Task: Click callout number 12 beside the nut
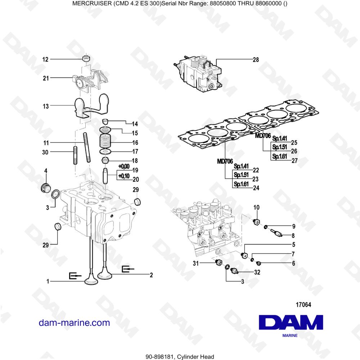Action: pyautogui.click(x=45, y=59)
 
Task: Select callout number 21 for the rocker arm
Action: pyautogui.click(x=46, y=78)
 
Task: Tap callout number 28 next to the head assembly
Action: pyautogui.click(x=256, y=60)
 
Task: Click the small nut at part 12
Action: pyautogui.click(x=86, y=59)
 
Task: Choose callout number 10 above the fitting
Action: pyautogui.click(x=256, y=207)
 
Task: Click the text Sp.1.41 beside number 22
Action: pyautogui.click(x=241, y=166)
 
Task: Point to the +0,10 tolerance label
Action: pyautogui.click(x=123, y=176)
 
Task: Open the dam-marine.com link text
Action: pyautogui.click(x=74, y=323)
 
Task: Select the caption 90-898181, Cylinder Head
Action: pyautogui.click(x=180, y=357)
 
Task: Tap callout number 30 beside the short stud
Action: pyautogui.click(x=45, y=152)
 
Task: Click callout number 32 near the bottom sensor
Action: pyautogui.click(x=257, y=273)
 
